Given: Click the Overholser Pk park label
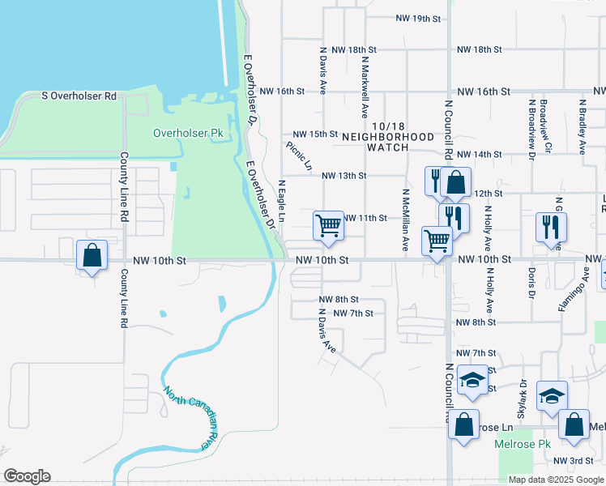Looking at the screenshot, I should (188, 133).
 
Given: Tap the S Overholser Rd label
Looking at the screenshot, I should (79, 96).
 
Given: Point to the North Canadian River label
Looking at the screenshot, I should (192, 416).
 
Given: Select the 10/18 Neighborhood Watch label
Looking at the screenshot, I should (388, 143).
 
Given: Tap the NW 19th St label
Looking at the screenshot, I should (418, 18).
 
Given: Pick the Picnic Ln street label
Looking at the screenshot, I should (299, 156).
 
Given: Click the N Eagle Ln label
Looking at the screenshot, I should (282, 202).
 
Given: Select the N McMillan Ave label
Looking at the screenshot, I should (405, 221).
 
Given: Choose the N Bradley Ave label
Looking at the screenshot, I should (583, 127).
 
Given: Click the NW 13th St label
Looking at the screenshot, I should (344, 175).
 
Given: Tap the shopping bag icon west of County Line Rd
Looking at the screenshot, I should (92, 255).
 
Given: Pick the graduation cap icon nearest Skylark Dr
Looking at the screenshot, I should (552, 395).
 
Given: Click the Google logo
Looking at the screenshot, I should (27, 476).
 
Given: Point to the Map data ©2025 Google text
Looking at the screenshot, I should (556, 479).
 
